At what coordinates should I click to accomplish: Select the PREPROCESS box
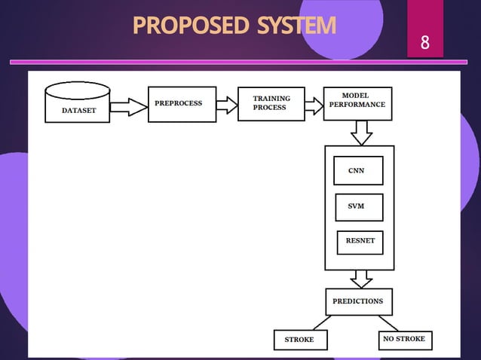click(182, 104)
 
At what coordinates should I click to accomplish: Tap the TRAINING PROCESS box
click(271, 103)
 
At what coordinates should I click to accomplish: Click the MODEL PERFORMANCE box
click(357, 103)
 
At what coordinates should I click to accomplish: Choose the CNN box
click(358, 170)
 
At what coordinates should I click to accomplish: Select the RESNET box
click(360, 242)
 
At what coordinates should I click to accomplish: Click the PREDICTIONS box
click(358, 301)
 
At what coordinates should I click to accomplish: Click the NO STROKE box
click(404, 340)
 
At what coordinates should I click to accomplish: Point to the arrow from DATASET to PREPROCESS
click(129, 107)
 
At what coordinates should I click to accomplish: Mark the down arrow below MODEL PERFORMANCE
click(362, 133)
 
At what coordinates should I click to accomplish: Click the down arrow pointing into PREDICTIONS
click(362, 279)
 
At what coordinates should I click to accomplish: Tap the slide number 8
click(425, 42)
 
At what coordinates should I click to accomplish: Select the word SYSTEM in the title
click(296, 26)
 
